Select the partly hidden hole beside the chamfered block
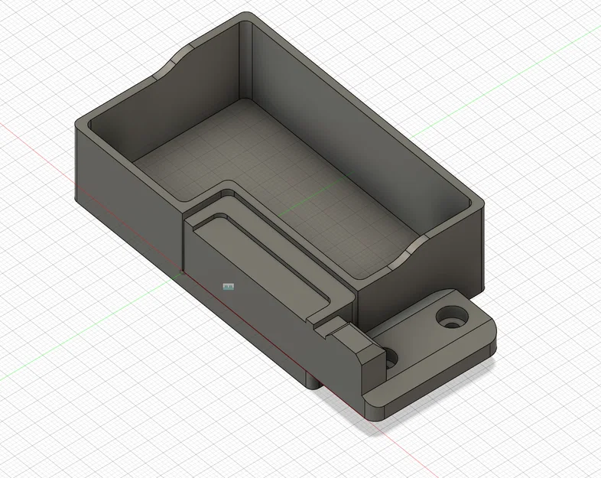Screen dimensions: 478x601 click(391, 358)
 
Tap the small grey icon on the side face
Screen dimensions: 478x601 click(228, 286)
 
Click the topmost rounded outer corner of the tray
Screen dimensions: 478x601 click(245, 17)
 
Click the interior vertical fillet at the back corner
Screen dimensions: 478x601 click(246, 61)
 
